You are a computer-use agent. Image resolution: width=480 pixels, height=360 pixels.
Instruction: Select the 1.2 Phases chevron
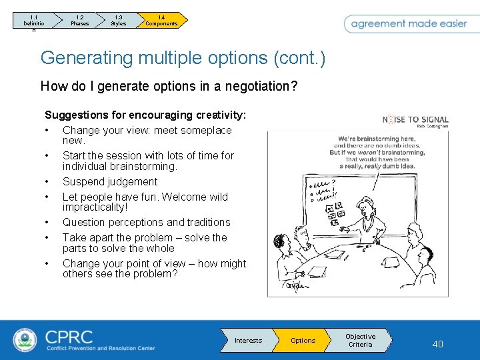click(79, 21)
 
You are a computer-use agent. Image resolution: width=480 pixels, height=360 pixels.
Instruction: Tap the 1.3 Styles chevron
click(119, 21)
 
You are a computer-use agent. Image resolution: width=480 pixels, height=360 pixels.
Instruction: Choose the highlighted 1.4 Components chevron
click(162, 21)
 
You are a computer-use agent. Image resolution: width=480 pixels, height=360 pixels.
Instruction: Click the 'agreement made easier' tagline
click(409, 23)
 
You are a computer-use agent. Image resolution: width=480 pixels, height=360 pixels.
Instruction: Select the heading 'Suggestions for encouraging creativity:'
click(145, 115)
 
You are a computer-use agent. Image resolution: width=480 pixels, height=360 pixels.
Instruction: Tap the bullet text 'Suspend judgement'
click(110, 181)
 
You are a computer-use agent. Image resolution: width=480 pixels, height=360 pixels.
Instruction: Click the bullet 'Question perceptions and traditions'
click(146, 222)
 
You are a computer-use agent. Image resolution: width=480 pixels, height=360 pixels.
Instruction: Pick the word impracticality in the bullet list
click(94, 207)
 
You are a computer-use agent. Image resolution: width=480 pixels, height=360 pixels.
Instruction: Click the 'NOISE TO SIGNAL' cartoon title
click(415, 120)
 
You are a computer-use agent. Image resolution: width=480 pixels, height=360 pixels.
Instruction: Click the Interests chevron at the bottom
click(247, 341)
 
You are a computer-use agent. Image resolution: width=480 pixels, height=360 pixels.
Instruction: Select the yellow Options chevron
click(303, 341)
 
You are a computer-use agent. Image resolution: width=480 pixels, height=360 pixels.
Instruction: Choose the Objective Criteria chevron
click(361, 341)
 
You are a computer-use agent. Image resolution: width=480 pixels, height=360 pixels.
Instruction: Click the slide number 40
click(437, 344)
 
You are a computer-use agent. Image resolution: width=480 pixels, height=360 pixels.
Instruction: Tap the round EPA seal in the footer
click(25, 340)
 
